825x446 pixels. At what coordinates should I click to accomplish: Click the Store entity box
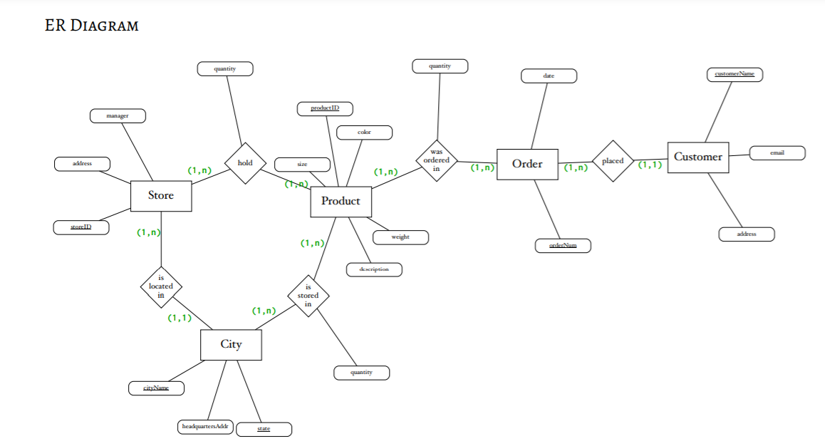coord(161,196)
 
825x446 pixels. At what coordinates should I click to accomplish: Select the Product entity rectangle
coord(341,202)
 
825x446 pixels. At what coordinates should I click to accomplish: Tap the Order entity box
coord(527,165)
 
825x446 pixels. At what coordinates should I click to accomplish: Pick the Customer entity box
coord(697,157)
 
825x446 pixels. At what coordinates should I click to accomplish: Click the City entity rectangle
coord(231,345)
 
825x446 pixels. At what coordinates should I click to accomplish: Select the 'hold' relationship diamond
coord(245,163)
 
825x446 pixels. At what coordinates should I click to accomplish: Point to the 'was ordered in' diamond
coord(437,160)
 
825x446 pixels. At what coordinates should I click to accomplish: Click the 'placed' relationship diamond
coord(613,161)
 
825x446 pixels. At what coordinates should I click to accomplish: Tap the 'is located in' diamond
coord(161,286)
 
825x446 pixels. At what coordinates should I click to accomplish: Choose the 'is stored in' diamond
coord(308,296)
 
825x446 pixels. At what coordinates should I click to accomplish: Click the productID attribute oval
coord(325,109)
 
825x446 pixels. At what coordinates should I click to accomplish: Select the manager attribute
coord(118,115)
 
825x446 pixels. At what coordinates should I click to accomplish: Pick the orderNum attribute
coord(563,246)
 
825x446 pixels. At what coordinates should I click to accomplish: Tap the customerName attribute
coord(735,75)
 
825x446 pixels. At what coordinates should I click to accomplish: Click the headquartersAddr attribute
coord(205,427)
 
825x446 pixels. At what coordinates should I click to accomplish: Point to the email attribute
coord(777,153)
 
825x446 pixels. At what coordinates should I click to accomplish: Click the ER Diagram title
coord(91,26)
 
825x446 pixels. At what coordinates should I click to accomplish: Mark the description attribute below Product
coord(374,270)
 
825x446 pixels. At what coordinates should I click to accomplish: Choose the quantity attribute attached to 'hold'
coord(225,69)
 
